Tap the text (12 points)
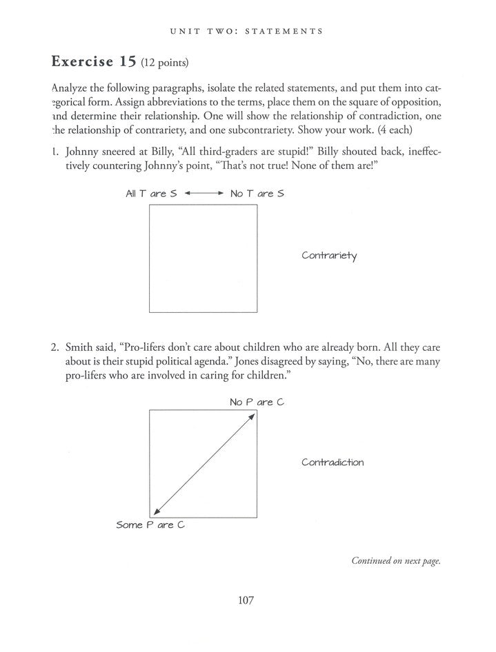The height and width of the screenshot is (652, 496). [165, 63]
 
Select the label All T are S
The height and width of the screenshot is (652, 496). [151, 194]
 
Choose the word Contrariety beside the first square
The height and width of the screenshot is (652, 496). [330, 256]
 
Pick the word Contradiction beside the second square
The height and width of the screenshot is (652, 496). [333, 462]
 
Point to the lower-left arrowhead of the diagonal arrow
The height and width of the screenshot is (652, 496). [156, 511]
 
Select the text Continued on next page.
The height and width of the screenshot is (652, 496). [396, 561]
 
